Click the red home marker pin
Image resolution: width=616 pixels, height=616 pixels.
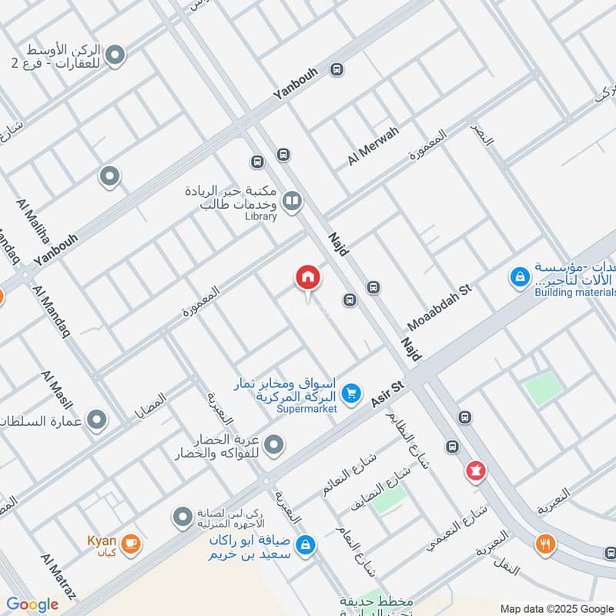pyautogui.click(x=307, y=278)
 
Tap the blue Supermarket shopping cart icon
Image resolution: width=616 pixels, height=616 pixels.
pyautogui.click(x=351, y=393)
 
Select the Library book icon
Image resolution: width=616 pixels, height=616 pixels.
pyautogui.click(x=292, y=202)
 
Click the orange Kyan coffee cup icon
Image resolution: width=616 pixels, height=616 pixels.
pyautogui.click(x=131, y=544)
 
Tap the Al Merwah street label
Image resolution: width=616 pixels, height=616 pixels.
pyautogui.click(x=373, y=146)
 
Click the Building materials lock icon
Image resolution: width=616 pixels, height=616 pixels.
pyautogui.click(x=521, y=276)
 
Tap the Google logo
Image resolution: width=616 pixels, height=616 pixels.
pyautogui.click(x=32, y=604)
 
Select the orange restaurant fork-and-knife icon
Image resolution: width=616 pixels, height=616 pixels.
pyautogui.click(x=546, y=544)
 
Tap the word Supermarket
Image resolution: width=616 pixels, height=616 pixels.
pyautogui.click(x=307, y=409)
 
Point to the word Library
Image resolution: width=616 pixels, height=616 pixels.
pyautogui.click(x=260, y=216)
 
